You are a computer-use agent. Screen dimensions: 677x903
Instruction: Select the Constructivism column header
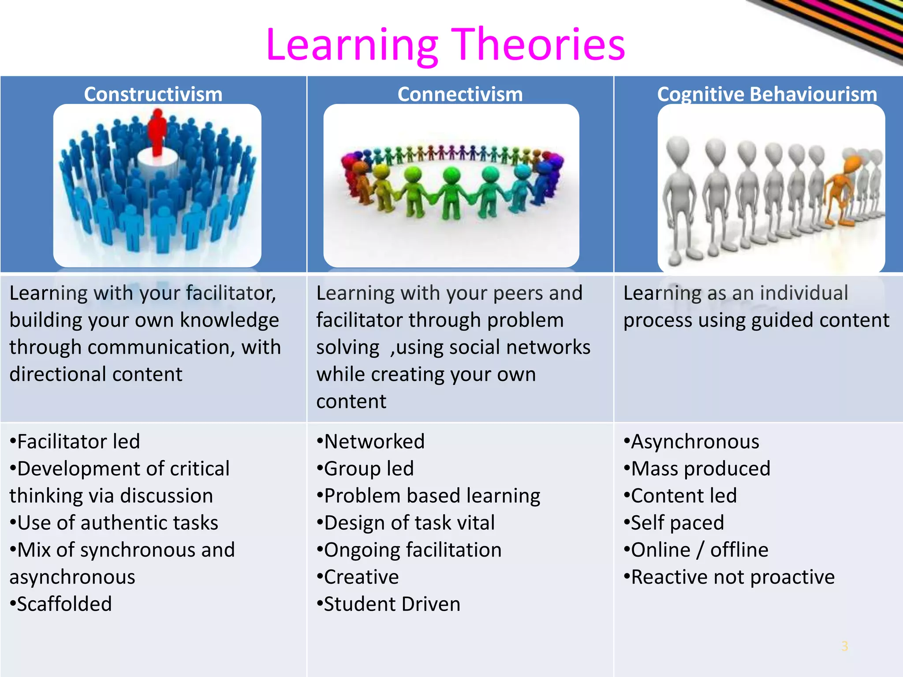pos(153,94)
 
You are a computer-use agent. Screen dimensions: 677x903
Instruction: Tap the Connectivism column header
pos(460,94)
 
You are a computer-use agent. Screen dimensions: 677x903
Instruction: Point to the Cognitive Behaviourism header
pos(767,94)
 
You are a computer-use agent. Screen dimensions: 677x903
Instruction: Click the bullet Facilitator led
pos(75,442)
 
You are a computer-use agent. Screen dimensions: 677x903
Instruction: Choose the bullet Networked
pos(371,442)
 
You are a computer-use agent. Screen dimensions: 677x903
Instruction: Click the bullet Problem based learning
pos(429,496)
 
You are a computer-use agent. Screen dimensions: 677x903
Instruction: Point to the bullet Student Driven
pos(388,604)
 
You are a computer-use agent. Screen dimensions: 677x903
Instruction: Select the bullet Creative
pos(358,577)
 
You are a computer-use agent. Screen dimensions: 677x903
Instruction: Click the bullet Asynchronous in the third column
pos(691,442)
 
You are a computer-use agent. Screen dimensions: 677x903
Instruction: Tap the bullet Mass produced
pos(697,469)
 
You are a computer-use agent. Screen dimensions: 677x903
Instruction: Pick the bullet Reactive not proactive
pos(729,577)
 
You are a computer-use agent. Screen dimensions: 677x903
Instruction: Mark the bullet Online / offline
pos(696,550)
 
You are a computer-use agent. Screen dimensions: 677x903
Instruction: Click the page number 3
pos(844,646)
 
